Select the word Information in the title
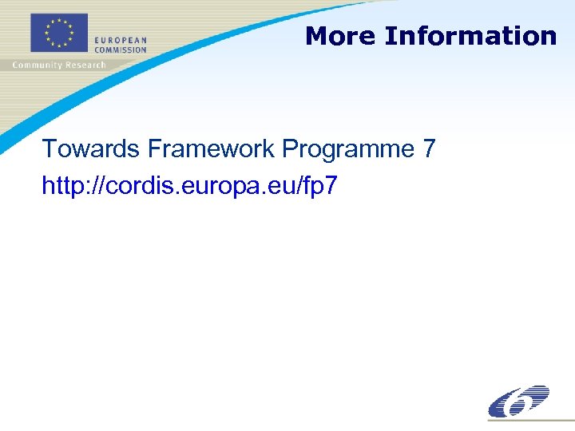click(x=470, y=36)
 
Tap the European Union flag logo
click(x=58, y=34)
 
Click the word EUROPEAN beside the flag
click(x=121, y=41)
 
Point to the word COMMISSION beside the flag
click(x=121, y=49)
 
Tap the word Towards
click(x=91, y=149)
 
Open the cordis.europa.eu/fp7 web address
click(x=190, y=187)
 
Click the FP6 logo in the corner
click(x=518, y=401)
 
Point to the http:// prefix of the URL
click(x=73, y=187)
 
